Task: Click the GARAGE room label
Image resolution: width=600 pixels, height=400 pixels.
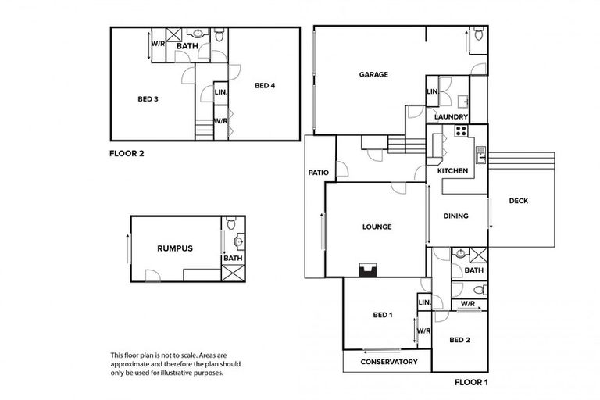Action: tap(373, 75)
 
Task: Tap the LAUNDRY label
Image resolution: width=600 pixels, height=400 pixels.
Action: tap(451, 117)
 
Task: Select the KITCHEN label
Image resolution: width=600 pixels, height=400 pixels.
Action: tap(452, 170)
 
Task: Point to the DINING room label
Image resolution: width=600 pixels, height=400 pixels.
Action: tap(455, 216)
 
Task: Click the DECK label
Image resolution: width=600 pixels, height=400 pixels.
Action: tap(518, 201)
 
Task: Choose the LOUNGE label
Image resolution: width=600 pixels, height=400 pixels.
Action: tap(377, 227)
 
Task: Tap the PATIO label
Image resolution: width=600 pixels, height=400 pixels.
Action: tap(318, 173)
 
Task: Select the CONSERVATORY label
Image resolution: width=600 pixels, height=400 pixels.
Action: tap(384, 362)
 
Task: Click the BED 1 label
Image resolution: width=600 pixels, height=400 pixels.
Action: tap(382, 315)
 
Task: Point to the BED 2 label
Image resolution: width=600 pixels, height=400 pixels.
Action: tap(459, 340)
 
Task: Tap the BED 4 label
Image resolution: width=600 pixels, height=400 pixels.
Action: tap(265, 85)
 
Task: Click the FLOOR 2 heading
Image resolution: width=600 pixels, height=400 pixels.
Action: tap(127, 154)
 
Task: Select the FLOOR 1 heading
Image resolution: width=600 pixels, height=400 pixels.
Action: tap(471, 383)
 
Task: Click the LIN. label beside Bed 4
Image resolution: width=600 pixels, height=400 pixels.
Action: tap(220, 92)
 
